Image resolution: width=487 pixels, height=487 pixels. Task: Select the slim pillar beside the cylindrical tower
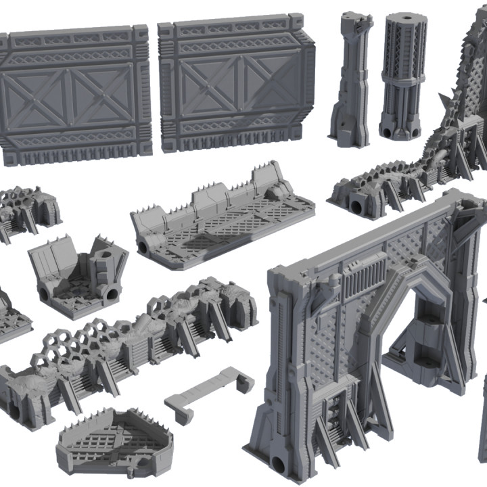pyautogui.click(x=350, y=78)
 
